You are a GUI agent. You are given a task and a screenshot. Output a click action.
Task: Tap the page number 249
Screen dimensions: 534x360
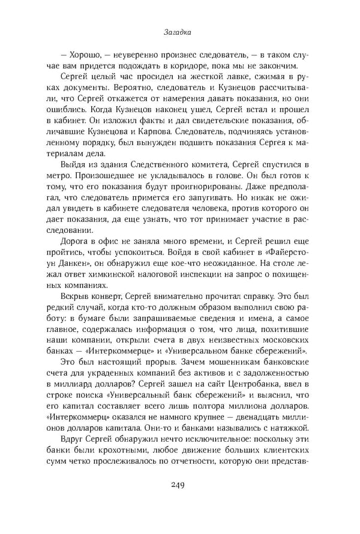(x=179, y=486)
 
